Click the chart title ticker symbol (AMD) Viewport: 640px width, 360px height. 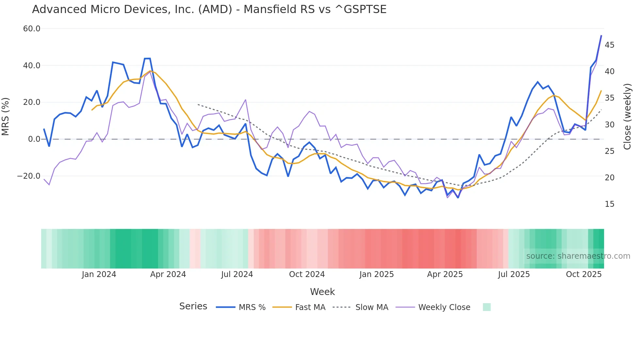point(215,9)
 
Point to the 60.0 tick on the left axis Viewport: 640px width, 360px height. point(32,29)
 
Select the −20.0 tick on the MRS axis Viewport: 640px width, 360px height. point(29,176)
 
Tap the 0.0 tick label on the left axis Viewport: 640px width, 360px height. point(34,139)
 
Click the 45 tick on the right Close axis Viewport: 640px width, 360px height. point(609,45)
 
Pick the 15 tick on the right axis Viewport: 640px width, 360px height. point(609,204)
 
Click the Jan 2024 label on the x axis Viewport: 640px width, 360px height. point(99,274)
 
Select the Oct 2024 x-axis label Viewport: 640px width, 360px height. point(307,274)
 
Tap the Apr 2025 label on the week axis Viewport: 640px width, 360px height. point(445,274)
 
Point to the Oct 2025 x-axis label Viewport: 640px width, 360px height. point(584,274)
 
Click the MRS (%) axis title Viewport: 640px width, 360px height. point(6,116)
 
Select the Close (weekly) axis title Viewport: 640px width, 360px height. point(627,117)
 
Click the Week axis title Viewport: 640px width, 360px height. point(322,292)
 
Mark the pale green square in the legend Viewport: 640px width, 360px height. point(487,307)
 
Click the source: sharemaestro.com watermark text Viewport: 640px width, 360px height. point(578,256)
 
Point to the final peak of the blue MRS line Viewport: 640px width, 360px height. point(601,36)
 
